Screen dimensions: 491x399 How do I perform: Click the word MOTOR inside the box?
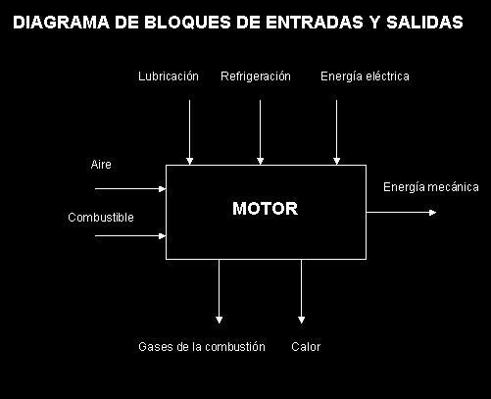[x=265, y=208]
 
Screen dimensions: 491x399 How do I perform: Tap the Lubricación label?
[x=169, y=76]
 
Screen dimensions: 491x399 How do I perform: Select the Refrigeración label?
[x=256, y=76]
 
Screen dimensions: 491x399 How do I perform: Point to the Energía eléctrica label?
[x=365, y=76]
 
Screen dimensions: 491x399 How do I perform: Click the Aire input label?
[x=101, y=164]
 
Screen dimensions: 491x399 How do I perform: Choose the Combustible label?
[x=101, y=218]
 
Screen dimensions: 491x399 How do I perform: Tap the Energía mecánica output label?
[x=431, y=187]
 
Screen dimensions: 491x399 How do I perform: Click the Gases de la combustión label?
[x=202, y=346]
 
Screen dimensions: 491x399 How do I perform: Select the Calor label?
[x=306, y=346]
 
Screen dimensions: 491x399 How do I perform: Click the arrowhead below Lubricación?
[x=189, y=161]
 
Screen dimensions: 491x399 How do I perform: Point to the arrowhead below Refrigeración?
[x=260, y=161]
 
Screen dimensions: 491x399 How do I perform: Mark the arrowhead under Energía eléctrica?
[x=336, y=161]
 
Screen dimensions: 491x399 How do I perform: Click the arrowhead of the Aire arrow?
[x=162, y=189]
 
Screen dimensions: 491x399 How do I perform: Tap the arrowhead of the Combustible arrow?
[x=162, y=235]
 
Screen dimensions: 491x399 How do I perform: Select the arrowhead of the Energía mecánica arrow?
[x=432, y=213]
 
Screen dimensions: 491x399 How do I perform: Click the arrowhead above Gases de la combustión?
[x=220, y=320]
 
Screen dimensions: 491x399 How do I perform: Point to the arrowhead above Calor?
[x=301, y=320]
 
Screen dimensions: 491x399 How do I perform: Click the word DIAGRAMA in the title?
[x=61, y=23]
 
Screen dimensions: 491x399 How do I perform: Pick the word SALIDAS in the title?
[x=424, y=23]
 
